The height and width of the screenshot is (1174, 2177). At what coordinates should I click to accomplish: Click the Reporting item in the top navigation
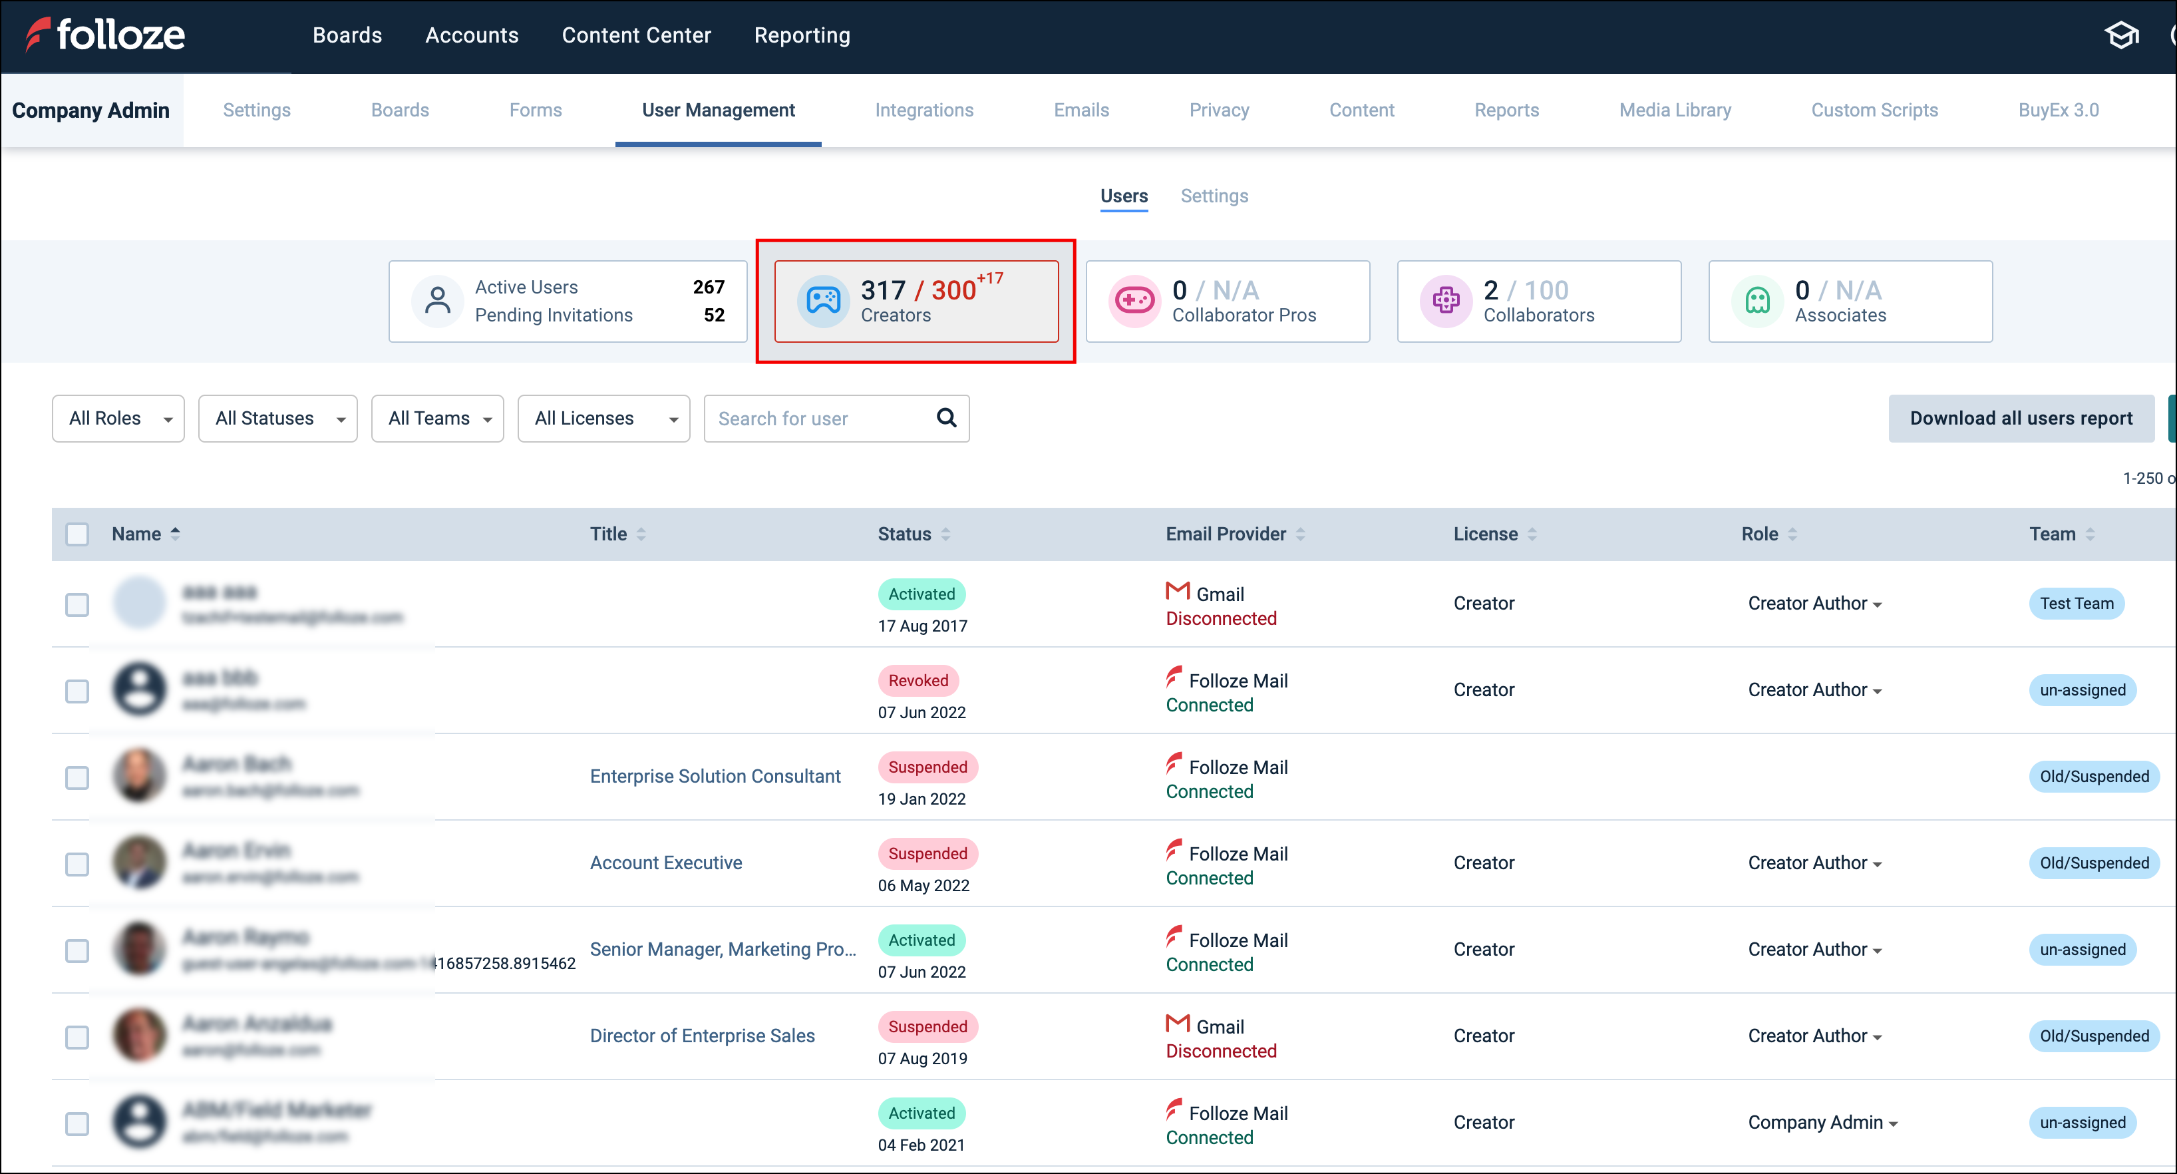(801, 35)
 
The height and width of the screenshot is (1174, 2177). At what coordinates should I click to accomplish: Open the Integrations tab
(923, 110)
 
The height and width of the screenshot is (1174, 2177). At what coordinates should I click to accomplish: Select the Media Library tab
(1674, 110)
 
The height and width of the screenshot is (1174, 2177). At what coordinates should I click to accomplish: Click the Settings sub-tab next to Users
(1214, 196)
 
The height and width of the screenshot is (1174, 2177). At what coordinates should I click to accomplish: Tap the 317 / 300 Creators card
(916, 301)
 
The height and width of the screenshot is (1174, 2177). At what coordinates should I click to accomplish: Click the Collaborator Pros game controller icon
(1134, 301)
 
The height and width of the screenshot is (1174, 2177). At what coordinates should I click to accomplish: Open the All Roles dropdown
(118, 419)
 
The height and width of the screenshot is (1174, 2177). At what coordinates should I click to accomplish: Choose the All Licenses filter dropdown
(603, 419)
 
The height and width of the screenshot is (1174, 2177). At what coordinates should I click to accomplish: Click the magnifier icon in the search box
(947, 417)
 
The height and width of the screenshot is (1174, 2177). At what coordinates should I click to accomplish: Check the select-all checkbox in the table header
(77, 534)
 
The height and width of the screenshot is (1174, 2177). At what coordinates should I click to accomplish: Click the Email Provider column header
(1226, 534)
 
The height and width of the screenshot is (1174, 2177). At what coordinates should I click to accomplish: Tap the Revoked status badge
(918, 680)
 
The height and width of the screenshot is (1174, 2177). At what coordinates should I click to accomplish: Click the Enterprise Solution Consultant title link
(715, 777)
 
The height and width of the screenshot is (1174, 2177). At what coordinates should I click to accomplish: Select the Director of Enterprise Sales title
(701, 1036)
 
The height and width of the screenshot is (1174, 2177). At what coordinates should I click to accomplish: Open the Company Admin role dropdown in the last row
(1823, 1123)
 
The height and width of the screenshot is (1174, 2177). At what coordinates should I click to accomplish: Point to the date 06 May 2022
(923, 886)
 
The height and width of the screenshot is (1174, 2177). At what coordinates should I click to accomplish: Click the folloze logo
(106, 35)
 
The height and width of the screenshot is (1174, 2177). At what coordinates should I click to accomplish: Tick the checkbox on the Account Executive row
(77, 864)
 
